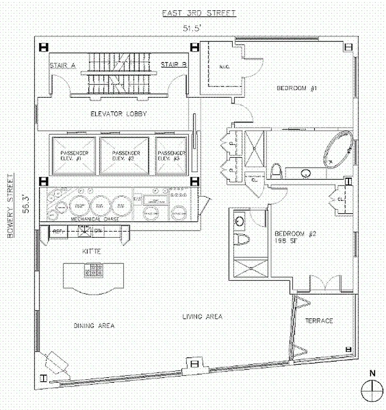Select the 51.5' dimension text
tap(196, 28)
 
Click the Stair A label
tap(63, 65)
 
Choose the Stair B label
tap(173, 65)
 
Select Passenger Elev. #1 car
tap(73, 156)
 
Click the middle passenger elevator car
tap(125, 156)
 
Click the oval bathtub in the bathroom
tap(338, 149)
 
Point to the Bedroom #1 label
tap(298, 89)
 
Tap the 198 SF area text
tap(287, 240)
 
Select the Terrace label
tap(319, 321)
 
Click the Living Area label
tap(202, 316)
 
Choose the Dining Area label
tap(93, 325)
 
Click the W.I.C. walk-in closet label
tap(223, 67)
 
